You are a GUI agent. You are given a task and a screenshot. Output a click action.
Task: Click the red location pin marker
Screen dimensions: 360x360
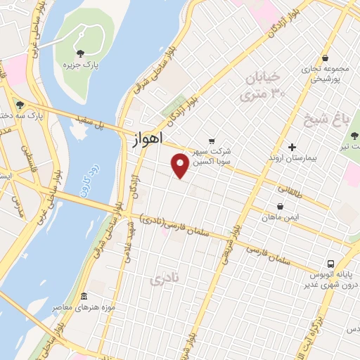[x=181, y=165]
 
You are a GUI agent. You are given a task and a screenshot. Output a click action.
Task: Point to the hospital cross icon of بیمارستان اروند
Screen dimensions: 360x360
[x=292, y=147]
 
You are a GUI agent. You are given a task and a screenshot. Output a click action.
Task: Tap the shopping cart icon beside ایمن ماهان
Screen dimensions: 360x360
[x=281, y=207]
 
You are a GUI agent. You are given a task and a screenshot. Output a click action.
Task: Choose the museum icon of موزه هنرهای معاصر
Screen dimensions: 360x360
[x=84, y=296]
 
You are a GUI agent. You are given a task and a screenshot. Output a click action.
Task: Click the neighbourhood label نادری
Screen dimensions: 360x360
[x=166, y=279]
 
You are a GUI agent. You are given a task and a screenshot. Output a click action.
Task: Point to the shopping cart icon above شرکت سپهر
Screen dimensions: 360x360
[x=212, y=140]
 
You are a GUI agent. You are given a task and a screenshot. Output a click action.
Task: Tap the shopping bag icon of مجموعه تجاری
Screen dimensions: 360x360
[x=324, y=58]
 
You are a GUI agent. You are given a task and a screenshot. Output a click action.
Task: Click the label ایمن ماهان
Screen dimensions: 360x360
[x=281, y=219]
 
